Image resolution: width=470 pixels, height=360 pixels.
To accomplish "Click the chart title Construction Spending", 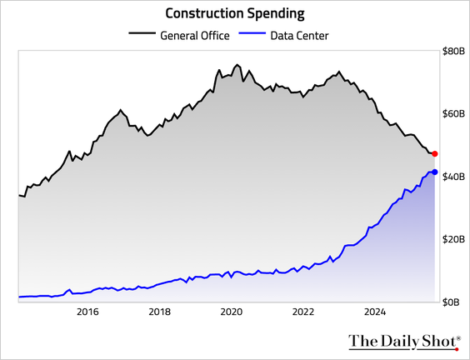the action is coord(235,13).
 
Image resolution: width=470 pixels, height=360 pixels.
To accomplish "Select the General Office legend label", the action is coord(195,36).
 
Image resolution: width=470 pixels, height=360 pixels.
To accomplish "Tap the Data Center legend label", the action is coord(299,36).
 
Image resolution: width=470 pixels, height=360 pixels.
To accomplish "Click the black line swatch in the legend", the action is coord(142,32).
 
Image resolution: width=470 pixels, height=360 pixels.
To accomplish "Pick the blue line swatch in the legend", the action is coord(252,32).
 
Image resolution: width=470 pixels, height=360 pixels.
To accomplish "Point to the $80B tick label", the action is coord(453,52).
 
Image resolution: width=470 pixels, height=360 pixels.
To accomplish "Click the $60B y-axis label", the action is coord(453,114).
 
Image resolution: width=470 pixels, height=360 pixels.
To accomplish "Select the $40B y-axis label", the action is coord(453,177).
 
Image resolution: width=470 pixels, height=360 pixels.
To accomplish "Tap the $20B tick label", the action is coord(453,239).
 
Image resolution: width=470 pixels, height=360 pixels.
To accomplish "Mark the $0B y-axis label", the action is coord(451,302).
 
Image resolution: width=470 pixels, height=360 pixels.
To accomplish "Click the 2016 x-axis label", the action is coord(87,312).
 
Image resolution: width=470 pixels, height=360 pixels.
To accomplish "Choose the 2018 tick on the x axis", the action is coord(159,312).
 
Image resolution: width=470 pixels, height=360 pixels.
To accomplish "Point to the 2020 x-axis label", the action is coord(232,312).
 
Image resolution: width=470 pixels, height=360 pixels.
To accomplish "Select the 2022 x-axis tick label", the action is coord(303,312).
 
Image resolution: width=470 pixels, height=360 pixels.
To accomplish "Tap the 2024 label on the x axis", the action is coord(375,312).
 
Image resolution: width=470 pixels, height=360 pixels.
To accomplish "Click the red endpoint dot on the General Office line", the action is coord(435,154).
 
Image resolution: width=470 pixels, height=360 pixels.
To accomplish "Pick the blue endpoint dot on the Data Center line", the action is coord(435,172).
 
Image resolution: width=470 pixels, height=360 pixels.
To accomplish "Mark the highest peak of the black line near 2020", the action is coord(237,64).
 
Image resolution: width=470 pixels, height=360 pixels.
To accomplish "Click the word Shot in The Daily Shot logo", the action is coord(440,341).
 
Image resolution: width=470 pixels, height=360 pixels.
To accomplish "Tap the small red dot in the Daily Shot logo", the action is coord(457,349).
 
